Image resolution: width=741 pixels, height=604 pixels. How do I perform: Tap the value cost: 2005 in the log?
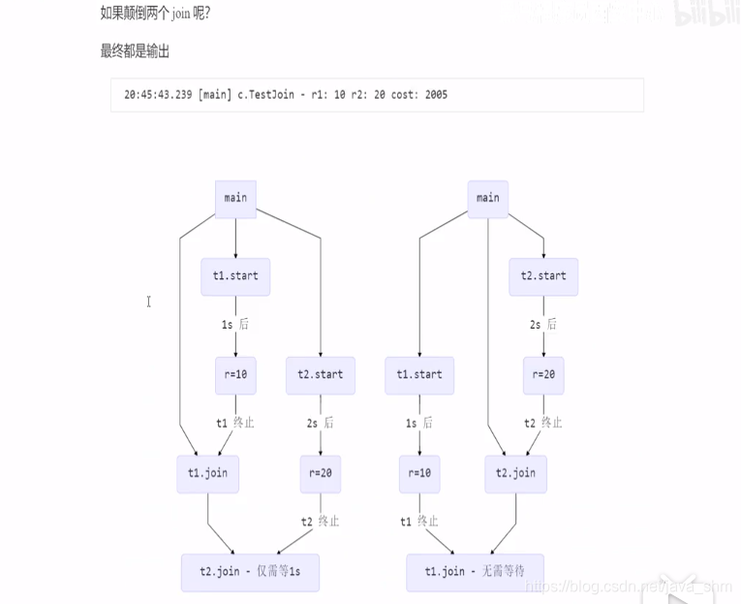(419, 95)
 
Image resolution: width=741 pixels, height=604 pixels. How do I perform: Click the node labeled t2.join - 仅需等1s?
(250, 572)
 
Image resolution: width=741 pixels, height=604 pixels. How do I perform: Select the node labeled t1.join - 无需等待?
(475, 572)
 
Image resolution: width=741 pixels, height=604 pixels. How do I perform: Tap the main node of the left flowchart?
(235, 198)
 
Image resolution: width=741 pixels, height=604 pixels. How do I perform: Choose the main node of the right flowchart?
(488, 198)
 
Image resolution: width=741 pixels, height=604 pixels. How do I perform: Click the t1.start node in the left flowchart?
(235, 276)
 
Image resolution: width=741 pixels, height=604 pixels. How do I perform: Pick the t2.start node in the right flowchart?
(543, 276)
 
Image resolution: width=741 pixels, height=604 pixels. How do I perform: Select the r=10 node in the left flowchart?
(235, 375)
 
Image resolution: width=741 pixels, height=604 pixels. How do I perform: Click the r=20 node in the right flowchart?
(543, 375)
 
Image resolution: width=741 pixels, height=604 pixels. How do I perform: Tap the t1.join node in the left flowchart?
(208, 474)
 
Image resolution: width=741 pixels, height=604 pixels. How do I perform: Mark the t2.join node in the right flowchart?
(516, 474)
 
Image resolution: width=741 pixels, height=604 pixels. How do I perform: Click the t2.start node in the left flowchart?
(321, 375)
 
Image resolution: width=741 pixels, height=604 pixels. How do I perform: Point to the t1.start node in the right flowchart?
(419, 375)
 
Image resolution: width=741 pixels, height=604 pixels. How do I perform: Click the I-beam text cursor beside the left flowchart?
(149, 302)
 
